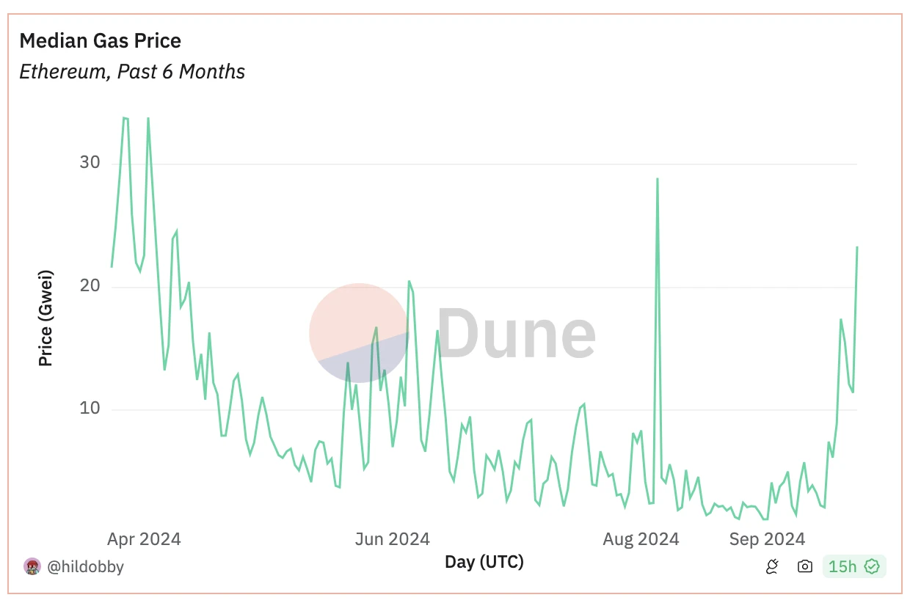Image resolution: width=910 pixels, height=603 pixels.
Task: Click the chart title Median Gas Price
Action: [x=100, y=40]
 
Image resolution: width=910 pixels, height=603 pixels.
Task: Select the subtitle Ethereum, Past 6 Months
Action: [x=132, y=72]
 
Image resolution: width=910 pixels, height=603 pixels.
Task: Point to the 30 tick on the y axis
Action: [x=90, y=162]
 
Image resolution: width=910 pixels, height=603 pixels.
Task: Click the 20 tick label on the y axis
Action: [x=90, y=286]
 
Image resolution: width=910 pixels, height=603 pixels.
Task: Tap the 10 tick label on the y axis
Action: [x=90, y=409]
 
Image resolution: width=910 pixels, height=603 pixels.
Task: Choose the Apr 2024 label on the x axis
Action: [x=144, y=539]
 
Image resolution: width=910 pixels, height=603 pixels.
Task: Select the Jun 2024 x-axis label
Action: [x=392, y=539]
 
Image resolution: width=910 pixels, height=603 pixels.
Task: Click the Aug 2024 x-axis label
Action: [x=641, y=539]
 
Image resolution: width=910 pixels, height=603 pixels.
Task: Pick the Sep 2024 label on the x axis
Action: [x=766, y=539]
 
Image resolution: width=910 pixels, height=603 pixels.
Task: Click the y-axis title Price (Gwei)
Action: [x=45, y=318]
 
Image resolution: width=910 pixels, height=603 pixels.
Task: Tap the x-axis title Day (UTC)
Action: [x=484, y=563]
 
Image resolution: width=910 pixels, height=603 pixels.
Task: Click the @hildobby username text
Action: [x=85, y=566]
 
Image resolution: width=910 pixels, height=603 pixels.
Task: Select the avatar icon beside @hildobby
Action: [x=32, y=566]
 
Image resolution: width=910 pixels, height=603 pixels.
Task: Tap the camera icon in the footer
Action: [x=805, y=566]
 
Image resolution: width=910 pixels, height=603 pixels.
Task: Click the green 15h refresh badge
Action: [x=854, y=566]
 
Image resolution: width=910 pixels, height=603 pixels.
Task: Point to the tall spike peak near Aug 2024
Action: [x=657, y=178]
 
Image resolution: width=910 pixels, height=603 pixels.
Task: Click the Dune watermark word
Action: [x=517, y=335]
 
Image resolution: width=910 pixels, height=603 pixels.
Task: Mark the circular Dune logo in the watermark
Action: [x=359, y=332]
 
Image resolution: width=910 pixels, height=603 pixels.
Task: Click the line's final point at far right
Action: [x=857, y=247]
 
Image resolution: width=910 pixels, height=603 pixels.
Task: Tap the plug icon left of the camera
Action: [x=772, y=566]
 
